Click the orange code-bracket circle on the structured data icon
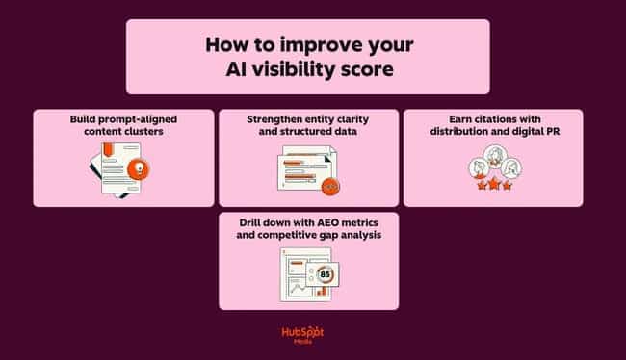[x=330, y=186]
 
